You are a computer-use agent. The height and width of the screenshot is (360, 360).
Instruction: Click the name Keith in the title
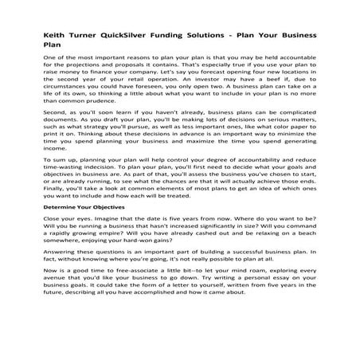coord(57,36)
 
